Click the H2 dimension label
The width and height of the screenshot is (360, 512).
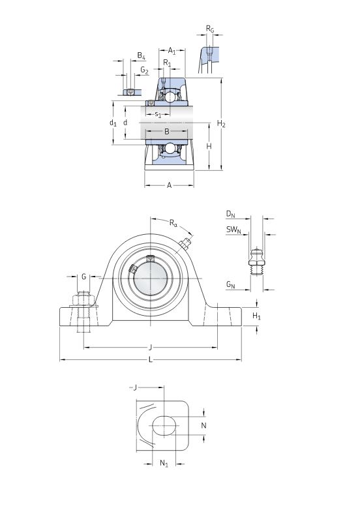tap(221, 124)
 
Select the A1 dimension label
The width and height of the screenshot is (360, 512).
tap(172, 50)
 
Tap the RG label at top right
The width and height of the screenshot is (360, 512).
tap(209, 29)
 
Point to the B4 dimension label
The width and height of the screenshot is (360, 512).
tap(141, 56)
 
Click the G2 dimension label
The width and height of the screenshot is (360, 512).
tap(144, 70)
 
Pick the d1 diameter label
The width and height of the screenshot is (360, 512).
tap(113, 123)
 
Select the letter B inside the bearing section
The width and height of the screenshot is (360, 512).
tap(167, 132)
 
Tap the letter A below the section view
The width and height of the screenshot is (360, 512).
tap(169, 186)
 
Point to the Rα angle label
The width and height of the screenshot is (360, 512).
tap(173, 224)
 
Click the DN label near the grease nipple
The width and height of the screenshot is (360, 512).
tap(230, 214)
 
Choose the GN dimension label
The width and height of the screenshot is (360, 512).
tap(230, 284)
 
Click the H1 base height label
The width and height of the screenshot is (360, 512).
tap(257, 316)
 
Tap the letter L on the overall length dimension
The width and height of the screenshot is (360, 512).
tap(150, 359)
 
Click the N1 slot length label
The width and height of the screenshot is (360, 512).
tap(164, 464)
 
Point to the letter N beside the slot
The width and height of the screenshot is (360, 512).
tap(203, 425)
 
